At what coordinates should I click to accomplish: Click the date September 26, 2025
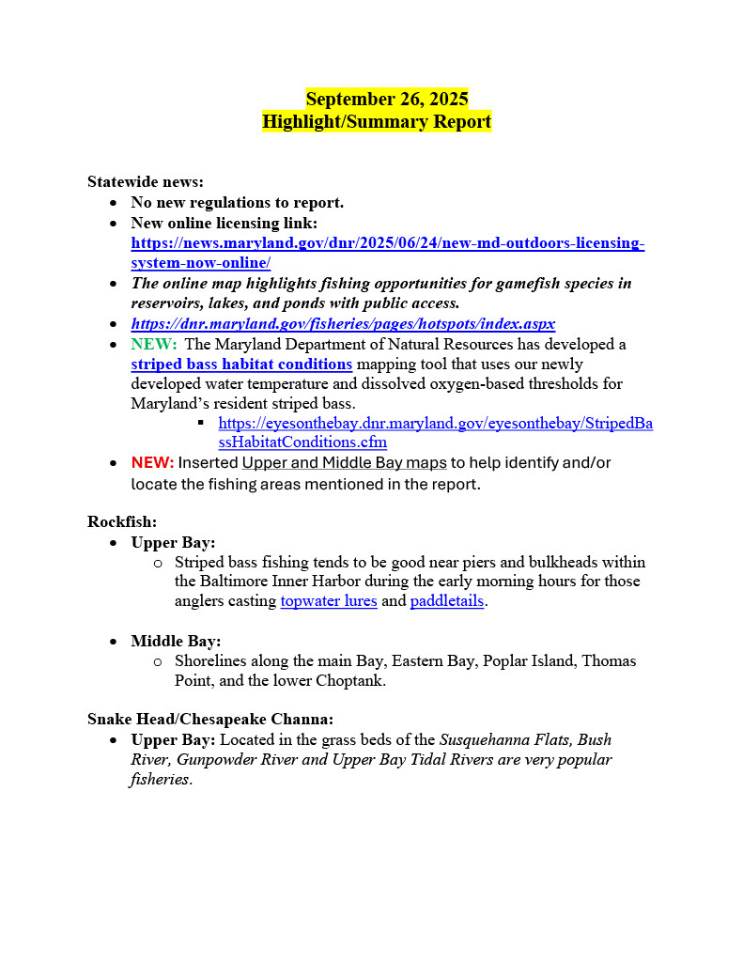tap(387, 100)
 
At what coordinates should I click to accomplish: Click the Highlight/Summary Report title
tap(376, 122)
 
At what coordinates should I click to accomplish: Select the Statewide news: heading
tap(146, 181)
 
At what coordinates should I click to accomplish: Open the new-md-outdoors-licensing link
tap(387, 243)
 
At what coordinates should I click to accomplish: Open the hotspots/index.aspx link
tap(343, 324)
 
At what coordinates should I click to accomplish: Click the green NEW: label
tap(154, 345)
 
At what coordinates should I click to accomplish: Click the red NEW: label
tap(152, 463)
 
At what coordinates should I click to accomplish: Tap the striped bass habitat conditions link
tap(241, 365)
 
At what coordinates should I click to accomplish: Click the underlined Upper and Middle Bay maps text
tap(344, 463)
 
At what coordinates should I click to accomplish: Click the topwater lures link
tap(329, 601)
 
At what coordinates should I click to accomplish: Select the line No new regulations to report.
tap(237, 202)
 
